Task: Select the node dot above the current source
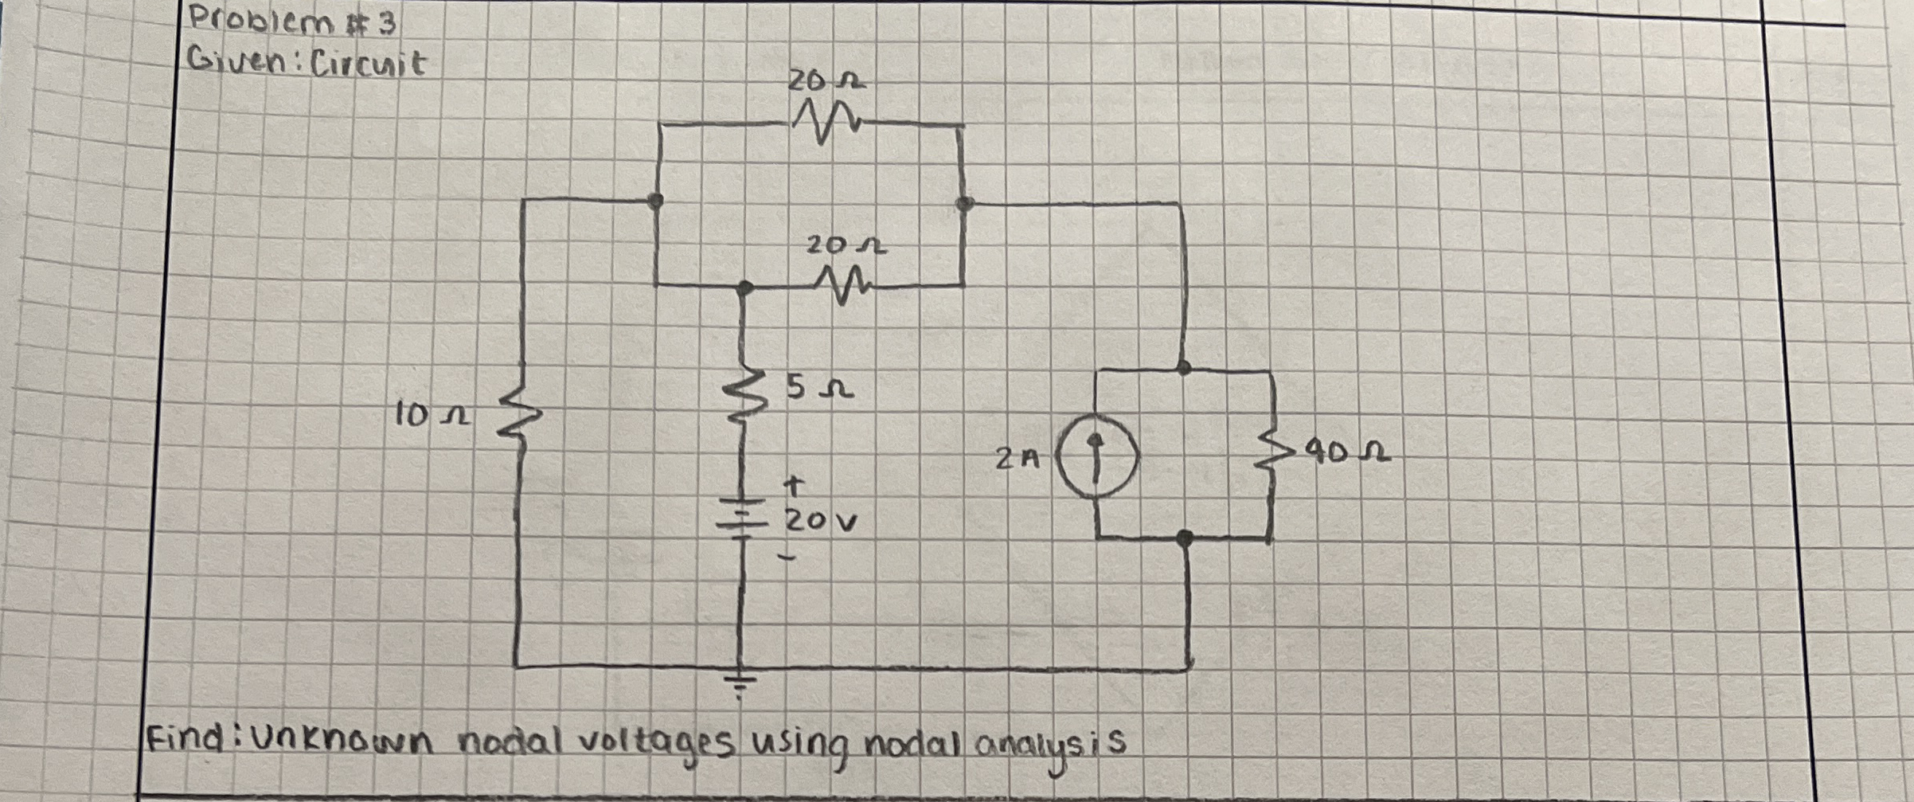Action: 1184,367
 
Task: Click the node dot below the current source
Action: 1185,538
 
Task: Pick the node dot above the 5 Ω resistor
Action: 744,287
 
